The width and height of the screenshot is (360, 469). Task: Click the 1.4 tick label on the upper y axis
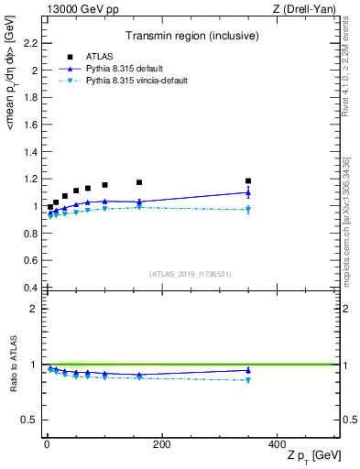pyautogui.click(x=27, y=151)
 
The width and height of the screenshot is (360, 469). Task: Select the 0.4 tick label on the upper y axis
pyautogui.click(x=27, y=288)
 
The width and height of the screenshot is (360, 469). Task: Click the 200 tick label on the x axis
pyautogui.click(x=161, y=443)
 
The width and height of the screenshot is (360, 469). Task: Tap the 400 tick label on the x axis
pyautogui.click(x=277, y=443)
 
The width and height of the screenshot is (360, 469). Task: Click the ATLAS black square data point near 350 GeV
pyautogui.click(x=248, y=180)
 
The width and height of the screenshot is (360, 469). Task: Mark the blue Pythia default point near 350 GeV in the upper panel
pyautogui.click(x=248, y=192)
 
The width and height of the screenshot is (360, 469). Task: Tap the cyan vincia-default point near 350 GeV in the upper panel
pyautogui.click(x=248, y=210)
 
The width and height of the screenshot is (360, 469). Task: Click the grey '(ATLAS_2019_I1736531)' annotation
pyautogui.click(x=191, y=274)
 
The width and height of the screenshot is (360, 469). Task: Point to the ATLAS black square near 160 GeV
pyautogui.click(x=139, y=182)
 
